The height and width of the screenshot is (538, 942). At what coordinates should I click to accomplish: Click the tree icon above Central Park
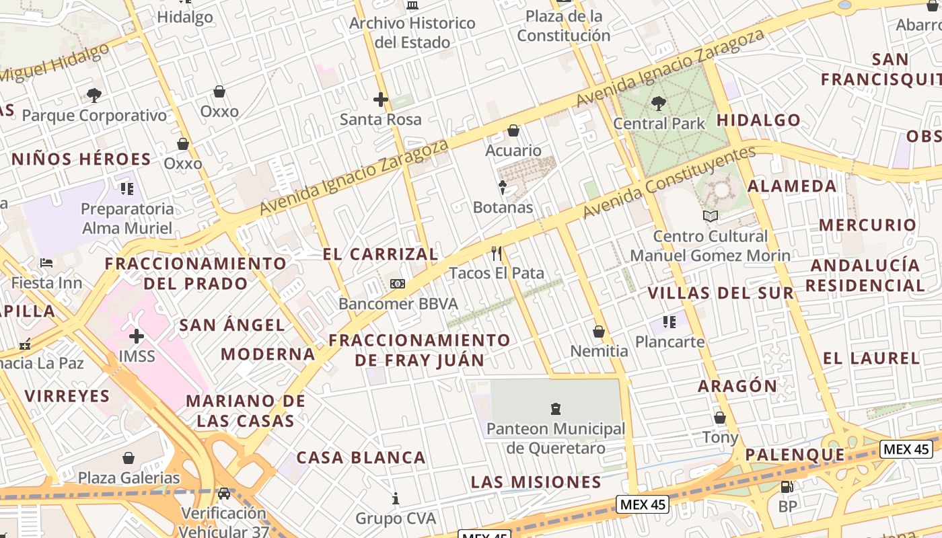(658, 104)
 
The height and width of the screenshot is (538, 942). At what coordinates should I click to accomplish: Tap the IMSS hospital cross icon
(137, 336)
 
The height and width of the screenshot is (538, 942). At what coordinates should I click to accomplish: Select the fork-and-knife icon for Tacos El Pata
(497, 254)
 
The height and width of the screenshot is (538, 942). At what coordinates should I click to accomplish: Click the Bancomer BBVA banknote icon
(398, 284)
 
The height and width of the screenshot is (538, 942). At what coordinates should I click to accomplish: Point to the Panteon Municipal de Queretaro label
(556, 438)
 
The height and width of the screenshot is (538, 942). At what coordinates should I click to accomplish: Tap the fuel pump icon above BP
(787, 487)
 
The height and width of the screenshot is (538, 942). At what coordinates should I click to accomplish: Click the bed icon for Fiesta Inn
(46, 262)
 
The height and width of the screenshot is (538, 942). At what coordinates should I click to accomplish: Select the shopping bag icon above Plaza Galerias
(129, 458)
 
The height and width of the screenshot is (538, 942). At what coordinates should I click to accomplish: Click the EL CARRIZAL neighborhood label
(380, 254)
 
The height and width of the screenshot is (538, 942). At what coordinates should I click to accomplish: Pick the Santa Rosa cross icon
(381, 100)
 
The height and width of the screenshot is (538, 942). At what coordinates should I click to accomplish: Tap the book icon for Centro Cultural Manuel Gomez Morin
(711, 216)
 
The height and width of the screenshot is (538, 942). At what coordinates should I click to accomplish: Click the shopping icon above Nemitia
(599, 332)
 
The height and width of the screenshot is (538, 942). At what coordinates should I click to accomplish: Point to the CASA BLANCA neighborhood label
(361, 458)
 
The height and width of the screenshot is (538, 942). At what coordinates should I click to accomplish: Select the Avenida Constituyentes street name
(669, 182)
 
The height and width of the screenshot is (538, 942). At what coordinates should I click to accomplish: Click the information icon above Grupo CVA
(396, 498)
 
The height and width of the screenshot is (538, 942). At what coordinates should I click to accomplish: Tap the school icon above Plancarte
(669, 322)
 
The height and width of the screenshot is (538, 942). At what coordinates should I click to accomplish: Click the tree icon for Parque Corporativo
(94, 95)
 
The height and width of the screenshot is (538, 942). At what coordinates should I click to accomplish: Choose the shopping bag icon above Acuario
(513, 130)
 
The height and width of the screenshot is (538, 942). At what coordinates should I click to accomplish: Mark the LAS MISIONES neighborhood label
(536, 482)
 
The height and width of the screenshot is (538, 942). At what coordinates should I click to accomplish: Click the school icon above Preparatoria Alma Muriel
(127, 189)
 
